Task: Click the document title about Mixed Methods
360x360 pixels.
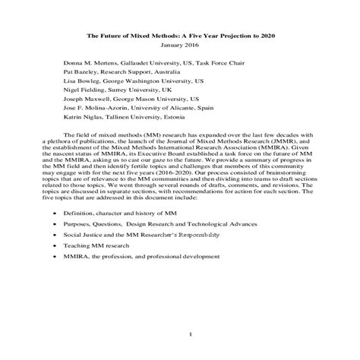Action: coord(180,35)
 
